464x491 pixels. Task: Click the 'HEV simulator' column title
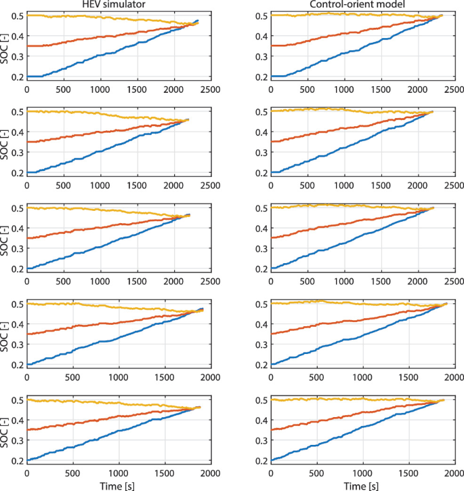pyautogui.click(x=118, y=5)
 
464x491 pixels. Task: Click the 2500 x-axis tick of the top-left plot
pyautogui.click(x=209, y=88)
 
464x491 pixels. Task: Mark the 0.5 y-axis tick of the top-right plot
pyautogui.click(x=259, y=15)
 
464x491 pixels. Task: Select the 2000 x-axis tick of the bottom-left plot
pyautogui.click(x=209, y=473)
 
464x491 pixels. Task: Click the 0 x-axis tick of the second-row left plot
pyautogui.click(x=27, y=184)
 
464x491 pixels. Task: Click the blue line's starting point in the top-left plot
pyautogui.click(x=28, y=77)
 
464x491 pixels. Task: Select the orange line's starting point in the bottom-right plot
pyautogui.click(x=272, y=430)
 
